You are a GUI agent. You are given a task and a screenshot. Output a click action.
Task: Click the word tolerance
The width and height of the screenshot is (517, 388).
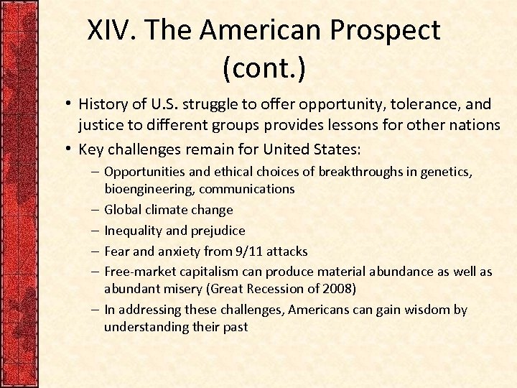coord(404,105)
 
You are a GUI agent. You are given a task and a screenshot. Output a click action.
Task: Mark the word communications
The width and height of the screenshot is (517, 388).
coord(247,189)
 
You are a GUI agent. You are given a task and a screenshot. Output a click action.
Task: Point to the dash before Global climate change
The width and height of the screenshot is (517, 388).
coord(96,210)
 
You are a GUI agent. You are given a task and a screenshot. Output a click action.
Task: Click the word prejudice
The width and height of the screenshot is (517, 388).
coord(218,231)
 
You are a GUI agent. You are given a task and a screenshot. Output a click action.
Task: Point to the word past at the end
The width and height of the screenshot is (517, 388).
coord(234,327)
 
